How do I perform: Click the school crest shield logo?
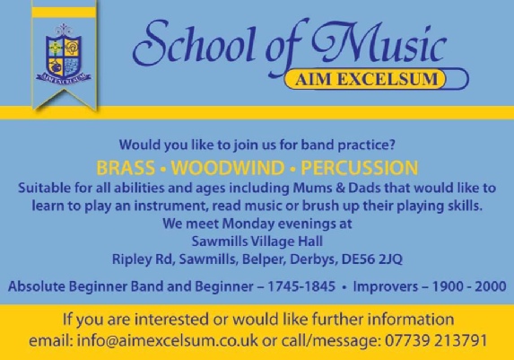point(64,55)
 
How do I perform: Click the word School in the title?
point(194,44)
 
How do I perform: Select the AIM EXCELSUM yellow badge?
point(366,79)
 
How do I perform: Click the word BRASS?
point(126,168)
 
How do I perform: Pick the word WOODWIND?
point(228,168)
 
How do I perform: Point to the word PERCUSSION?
point(360,168)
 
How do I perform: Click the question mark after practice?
point(392,145)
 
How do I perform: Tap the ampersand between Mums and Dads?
point(340,188)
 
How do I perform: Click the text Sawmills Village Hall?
point(257,241)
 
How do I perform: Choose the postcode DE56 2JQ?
point(371,259)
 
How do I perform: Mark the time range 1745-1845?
point(301,286)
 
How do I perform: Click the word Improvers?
point(385,286)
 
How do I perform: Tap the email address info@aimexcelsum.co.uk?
point(168,340)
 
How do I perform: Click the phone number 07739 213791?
point(436,340)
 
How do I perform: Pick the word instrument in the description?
point(170,206)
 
